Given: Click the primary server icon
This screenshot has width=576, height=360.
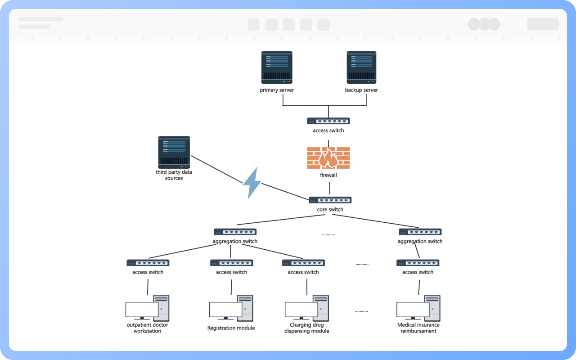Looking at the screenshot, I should click(x=277, y=67).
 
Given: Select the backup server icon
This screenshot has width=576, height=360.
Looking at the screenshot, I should click(x=361, y=67).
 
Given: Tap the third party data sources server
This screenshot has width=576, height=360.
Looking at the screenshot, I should click(x=174, y=153).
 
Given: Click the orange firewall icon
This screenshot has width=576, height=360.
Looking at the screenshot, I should click(x=328, y=158).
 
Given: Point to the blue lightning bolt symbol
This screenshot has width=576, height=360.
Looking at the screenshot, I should click(x=252, y=183).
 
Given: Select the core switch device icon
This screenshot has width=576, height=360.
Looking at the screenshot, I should click(x=330, y=200).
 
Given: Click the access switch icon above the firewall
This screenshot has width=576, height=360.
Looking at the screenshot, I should click(x=328, y=121).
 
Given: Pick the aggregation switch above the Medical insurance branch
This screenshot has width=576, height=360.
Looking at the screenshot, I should click(x=420, y=232).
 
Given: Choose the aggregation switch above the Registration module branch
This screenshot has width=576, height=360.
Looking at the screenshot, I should click(x=235, y=232).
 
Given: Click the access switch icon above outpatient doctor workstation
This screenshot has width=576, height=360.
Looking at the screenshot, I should click(x=148, y=263).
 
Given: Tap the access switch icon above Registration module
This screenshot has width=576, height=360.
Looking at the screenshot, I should click(x=231, y=263).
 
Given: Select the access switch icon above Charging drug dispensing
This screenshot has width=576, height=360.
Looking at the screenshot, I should click(x=303, y=263).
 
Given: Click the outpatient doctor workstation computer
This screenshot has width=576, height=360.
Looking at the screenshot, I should click(x=148, y=308).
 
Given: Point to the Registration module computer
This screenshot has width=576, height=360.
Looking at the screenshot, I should click(x=231, y=308).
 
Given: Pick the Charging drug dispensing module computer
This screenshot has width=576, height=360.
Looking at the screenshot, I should click(x=307, y=308).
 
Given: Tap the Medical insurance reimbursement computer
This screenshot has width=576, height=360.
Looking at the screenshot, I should click(x=418, y=308).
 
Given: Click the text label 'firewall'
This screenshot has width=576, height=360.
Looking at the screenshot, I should click(x=328, y=175).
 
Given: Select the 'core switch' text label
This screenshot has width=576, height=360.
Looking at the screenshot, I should click(x=330, y=210).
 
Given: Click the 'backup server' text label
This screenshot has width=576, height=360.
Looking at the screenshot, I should click(x=361, y=90).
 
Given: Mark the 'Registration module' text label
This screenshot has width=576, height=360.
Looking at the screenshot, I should click(x=231, y=328).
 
